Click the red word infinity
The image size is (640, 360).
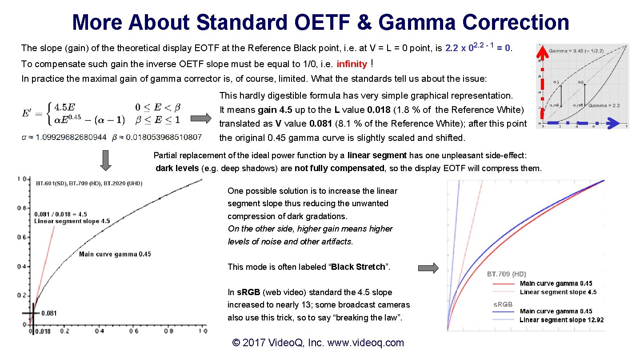(352, 64)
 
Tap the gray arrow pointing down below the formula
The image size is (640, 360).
(105, 160)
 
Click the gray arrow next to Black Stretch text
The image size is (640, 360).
(428, 268)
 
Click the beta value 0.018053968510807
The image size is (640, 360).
(164, 137)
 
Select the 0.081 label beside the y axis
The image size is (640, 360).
(49, 313)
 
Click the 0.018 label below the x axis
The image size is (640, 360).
(43, 332)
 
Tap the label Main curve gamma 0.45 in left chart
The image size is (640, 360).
(115, 254)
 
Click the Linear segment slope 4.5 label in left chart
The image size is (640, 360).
(72, 221)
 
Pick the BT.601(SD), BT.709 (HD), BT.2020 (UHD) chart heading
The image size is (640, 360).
(89, 184)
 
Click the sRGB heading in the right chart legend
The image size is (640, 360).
(503, 304)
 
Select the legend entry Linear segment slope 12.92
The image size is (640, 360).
(561, 320)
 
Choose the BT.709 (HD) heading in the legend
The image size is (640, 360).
(506, 274)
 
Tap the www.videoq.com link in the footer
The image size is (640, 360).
(365, 343)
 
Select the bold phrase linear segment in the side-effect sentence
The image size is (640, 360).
(377, 155)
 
